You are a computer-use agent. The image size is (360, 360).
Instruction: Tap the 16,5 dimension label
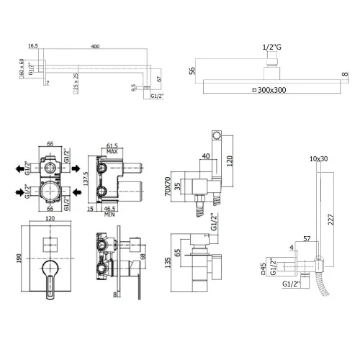33,46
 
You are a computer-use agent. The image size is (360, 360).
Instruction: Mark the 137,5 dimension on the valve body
85,179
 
